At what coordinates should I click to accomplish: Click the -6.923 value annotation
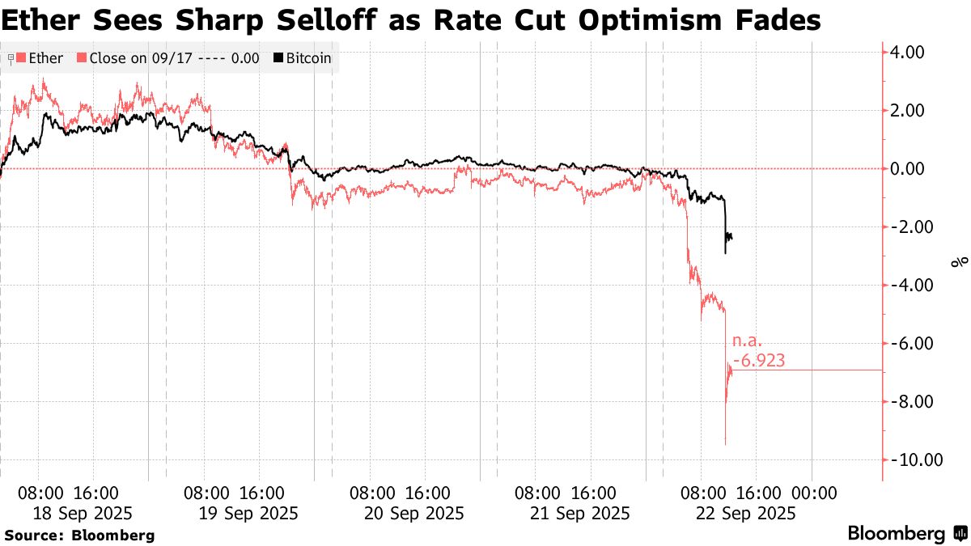point(758,361)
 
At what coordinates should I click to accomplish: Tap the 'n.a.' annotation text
point(748,342)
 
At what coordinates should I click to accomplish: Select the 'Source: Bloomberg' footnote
point(79,535)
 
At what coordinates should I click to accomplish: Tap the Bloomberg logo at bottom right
point(906,533)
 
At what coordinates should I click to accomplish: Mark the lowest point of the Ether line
point(725,443)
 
